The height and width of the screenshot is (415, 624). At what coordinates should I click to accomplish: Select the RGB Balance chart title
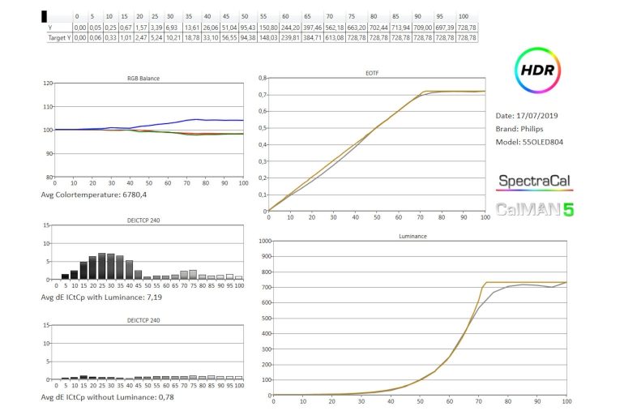click(x=143, y=79)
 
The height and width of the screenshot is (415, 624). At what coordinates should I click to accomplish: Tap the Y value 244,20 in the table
click(x=291, y=27)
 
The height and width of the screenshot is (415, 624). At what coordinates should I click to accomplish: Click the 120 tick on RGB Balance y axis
click(x=48, y=83)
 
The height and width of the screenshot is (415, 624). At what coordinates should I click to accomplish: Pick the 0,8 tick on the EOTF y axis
click(x=262, y=78)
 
